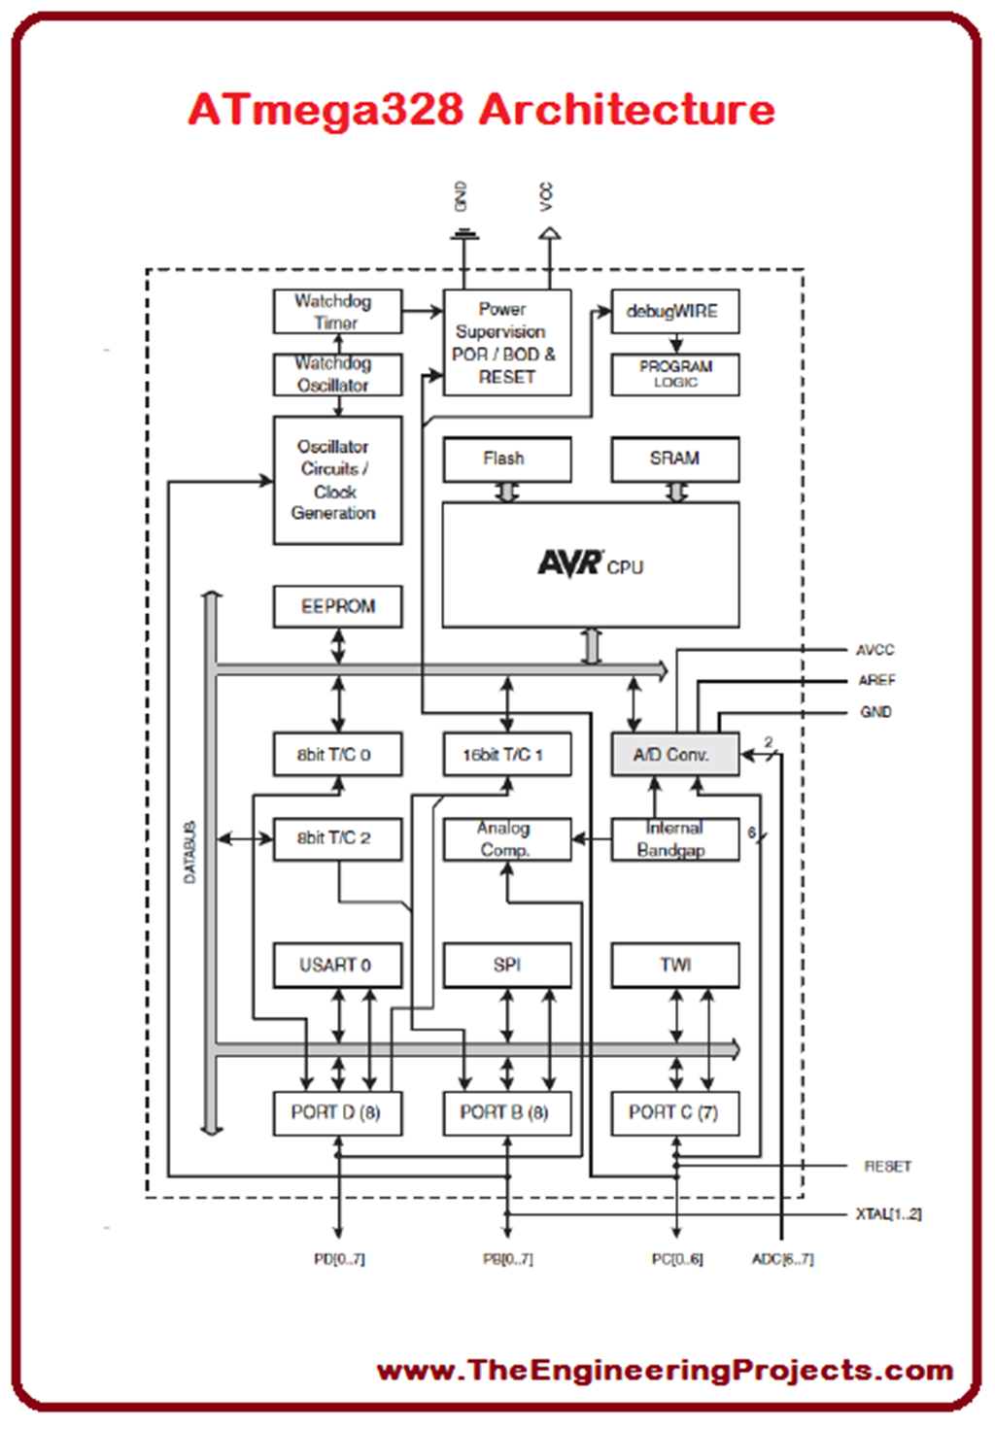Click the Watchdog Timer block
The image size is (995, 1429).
coord(337,312)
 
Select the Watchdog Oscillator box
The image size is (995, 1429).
coord(337,374)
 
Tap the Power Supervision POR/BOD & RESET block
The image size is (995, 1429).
coord(506,342)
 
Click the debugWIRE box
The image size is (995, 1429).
coord(674,312)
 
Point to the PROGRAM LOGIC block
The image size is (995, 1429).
coord(674,374)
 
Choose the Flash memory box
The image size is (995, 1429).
coord(506,459)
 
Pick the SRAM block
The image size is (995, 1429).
coord(674,459)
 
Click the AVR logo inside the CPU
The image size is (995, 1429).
coord(570,562)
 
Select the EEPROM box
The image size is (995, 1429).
coord(337,606)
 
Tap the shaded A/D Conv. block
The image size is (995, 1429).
coord(674,754)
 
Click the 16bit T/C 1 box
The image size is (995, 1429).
coord(506,754)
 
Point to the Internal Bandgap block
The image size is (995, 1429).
coord(674,839)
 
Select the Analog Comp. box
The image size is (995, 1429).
coord(506,839)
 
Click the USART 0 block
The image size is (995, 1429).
coord(337,965)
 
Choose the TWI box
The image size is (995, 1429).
coord(674,965)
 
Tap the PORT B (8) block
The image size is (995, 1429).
coord(506,1112)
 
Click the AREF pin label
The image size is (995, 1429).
coord(876,680)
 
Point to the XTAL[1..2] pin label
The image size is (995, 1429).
coord(888,1213)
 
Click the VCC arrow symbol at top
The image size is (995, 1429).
coord(550,233)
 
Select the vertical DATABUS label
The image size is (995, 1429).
coord(190,852)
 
